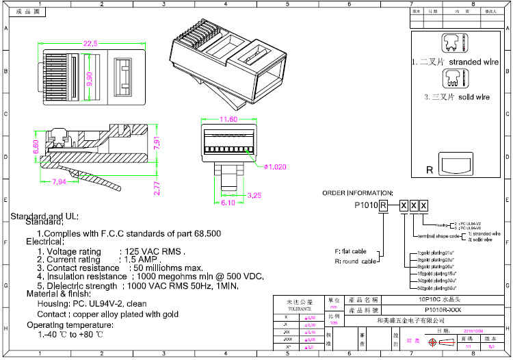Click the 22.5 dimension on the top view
pos(90,44)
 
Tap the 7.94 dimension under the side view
pos(59,182)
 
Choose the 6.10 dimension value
pos(228,203)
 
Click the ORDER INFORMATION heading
pos(358,193)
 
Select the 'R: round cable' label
pos(355,261)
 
